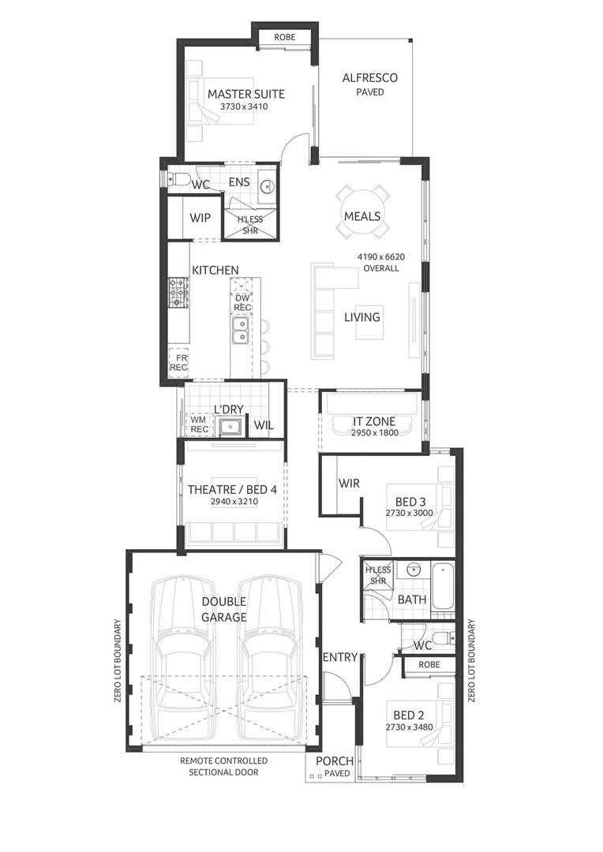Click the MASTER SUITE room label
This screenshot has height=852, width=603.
[245, 94]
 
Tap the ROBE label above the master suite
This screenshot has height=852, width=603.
[285, 37]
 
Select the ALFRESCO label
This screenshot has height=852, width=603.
[369, 78]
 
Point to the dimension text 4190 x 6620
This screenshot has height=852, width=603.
[380, 256]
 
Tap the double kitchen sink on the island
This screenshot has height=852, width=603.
[240, 331]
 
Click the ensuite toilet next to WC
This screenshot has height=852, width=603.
[177, 178]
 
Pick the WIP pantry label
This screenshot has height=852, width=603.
[200, 218]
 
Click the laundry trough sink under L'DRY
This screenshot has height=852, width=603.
[230, 428]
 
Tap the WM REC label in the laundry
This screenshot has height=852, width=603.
[198, 425]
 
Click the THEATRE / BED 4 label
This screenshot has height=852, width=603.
[232, 490]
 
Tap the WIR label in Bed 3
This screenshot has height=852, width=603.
[349, 483]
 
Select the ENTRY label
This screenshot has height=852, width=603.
[340, 656]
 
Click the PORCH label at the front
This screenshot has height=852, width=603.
[335, 761]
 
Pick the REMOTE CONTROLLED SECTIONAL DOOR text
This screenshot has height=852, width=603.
[223, 766]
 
